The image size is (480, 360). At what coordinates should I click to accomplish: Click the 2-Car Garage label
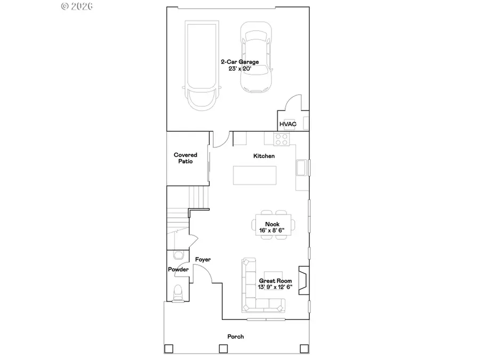coord(240,62)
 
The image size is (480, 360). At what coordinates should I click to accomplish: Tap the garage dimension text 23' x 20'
coord(240,69)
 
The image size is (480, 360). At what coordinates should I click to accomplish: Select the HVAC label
coord(287,124)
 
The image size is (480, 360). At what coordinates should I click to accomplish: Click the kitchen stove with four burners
coord(281,140)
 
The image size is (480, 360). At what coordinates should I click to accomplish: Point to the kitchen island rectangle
coord(255,175)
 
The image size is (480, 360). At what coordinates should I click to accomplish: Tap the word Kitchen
coord(264,156)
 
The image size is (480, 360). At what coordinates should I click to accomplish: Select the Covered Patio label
coord(186,158)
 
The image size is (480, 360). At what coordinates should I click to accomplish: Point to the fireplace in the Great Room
coord(303,281)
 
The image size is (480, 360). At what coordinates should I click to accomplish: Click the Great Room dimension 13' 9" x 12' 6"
coord(275,287)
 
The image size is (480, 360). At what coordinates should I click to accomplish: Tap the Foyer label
coord(203,260)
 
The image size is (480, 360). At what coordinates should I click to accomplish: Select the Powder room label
coord(178,270)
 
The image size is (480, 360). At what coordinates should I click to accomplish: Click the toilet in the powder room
coord(178,292)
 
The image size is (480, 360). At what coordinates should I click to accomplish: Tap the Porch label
coord(236,337)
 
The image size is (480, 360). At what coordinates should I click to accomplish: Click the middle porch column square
coord(223,349)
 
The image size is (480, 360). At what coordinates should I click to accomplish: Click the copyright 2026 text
coord(77,6)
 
